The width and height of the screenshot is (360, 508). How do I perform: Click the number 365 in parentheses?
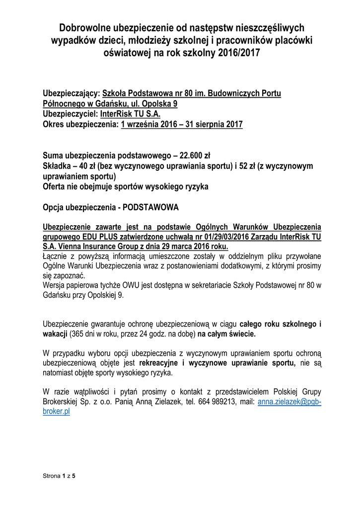(x=78, y=334)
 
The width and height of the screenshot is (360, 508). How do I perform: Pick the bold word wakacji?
(x=55, y=334)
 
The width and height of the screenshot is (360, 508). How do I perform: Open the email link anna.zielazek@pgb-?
(x=289, y=401)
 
